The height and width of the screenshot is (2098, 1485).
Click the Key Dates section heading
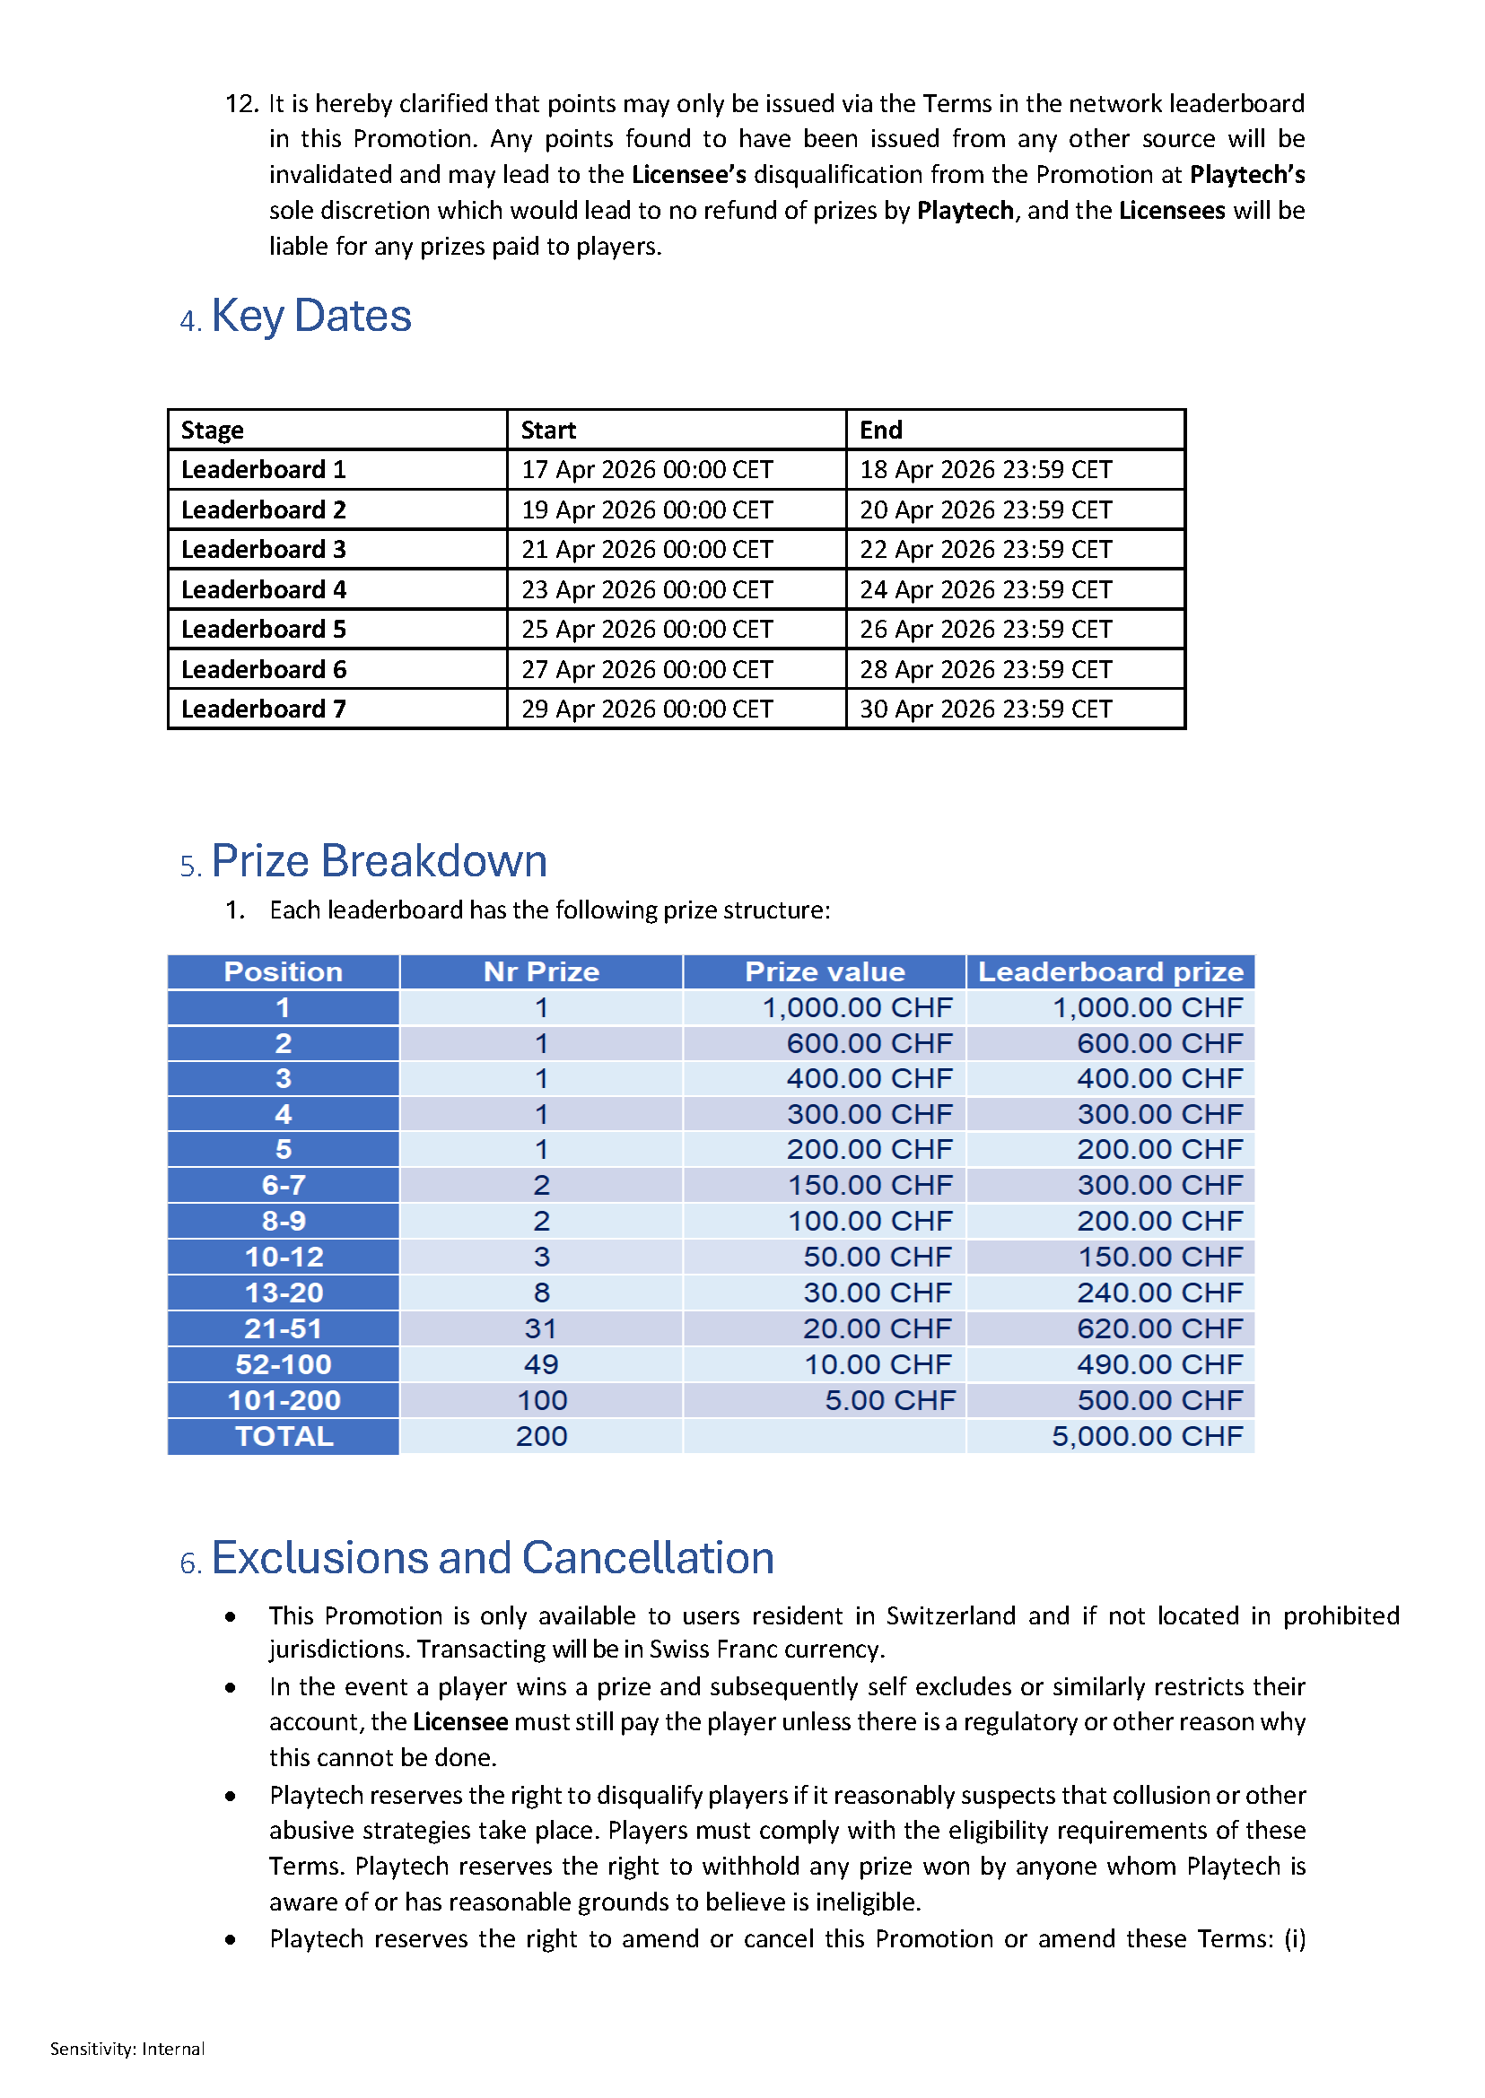[x=310, y=317]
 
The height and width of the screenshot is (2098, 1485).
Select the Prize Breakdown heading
[x=379, y=861]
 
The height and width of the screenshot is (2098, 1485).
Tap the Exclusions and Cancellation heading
[x=492, y=1558]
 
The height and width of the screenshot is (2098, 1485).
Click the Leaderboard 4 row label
[x=263, y=589]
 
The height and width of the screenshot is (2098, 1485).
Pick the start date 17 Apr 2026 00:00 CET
[x=646, y=470]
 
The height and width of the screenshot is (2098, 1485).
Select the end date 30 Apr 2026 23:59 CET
[x=985, y=709]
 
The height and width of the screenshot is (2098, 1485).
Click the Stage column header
[x=212, y=430]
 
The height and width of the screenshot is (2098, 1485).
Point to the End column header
[x=880, y=430]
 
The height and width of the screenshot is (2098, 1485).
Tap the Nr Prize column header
[x=540, y=971]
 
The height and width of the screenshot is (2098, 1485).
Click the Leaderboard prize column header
[x=1110, y=971]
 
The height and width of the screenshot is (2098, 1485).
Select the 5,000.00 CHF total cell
[x=1147, y=1436]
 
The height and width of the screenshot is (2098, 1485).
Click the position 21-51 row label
[x=284, y=1328]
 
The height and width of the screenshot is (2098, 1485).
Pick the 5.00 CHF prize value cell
[x=889, y=1400]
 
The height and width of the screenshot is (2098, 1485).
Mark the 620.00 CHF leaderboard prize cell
[x=1158, y=1328]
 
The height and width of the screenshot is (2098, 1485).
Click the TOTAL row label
[x=284, y=1436]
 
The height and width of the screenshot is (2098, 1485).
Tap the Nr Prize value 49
[x=540, y=1365]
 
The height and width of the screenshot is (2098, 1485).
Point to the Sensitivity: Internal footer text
[x=127, y=2049]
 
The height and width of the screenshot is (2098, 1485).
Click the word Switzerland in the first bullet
[x=950, y=1615]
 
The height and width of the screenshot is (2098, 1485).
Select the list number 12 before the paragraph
[x=241, y=104]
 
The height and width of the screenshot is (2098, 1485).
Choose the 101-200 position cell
[x=284, y=1400]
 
